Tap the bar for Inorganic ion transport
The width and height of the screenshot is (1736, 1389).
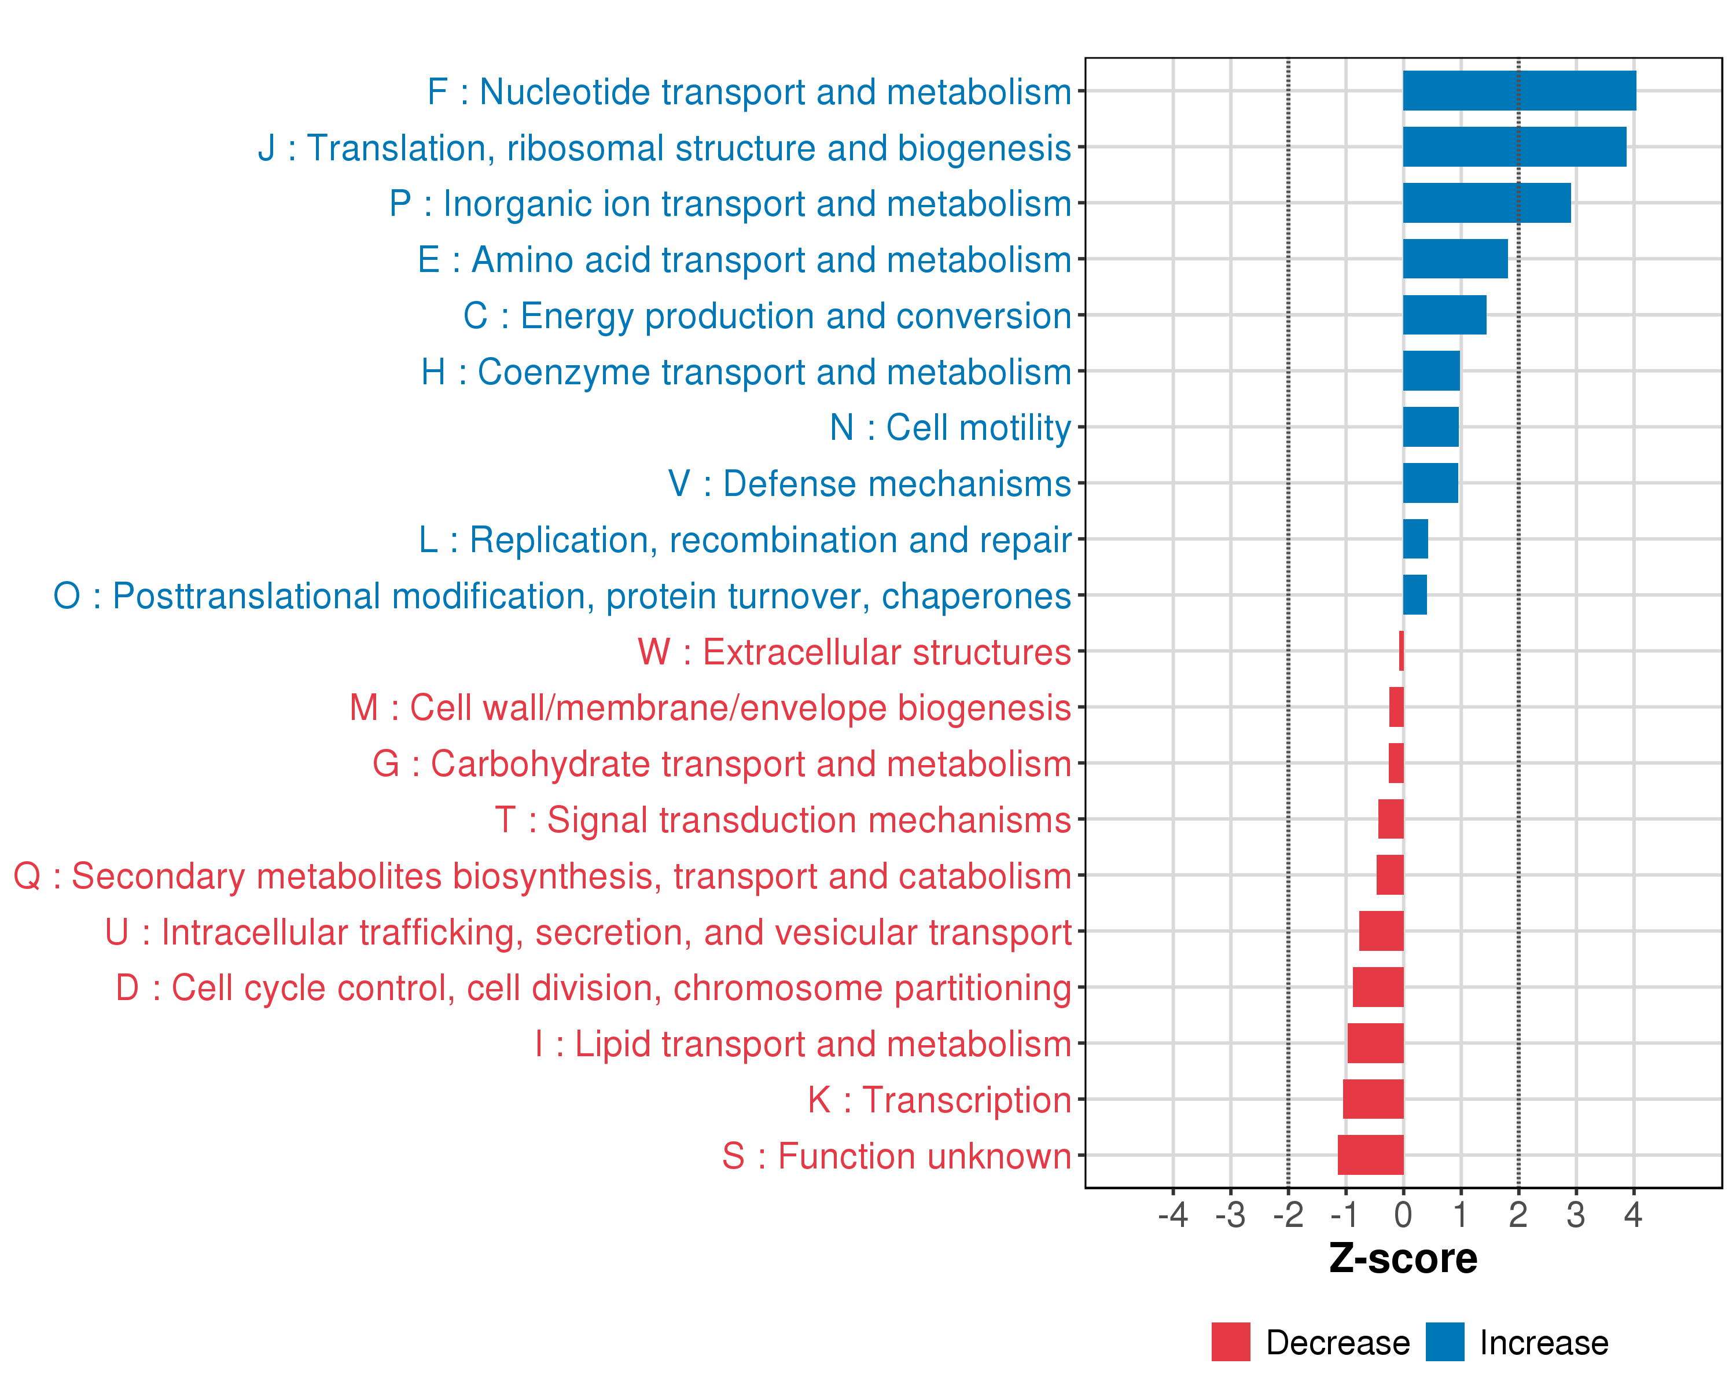click(1487, 203)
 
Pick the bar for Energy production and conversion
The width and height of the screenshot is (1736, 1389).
click(1444, 315)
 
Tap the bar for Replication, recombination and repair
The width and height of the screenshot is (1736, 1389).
click(1415, 539)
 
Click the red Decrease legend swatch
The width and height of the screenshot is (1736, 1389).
click(1230, 1342)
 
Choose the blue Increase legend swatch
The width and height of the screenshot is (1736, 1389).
click(1444, 1342)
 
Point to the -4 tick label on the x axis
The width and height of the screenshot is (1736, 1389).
click(1172, 1214)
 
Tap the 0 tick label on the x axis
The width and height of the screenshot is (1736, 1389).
click(1403, 1214)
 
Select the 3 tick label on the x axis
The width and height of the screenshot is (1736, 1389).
click(1576, 1214)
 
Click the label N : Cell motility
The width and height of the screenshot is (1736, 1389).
click(950, 428)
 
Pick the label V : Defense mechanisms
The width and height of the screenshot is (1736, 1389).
click(870, 484)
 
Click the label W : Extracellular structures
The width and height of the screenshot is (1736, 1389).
click(854, 652)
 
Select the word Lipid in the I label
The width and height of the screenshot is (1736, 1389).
click(613, 1045)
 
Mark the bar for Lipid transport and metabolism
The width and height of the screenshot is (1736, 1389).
click(1375, 1043)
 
